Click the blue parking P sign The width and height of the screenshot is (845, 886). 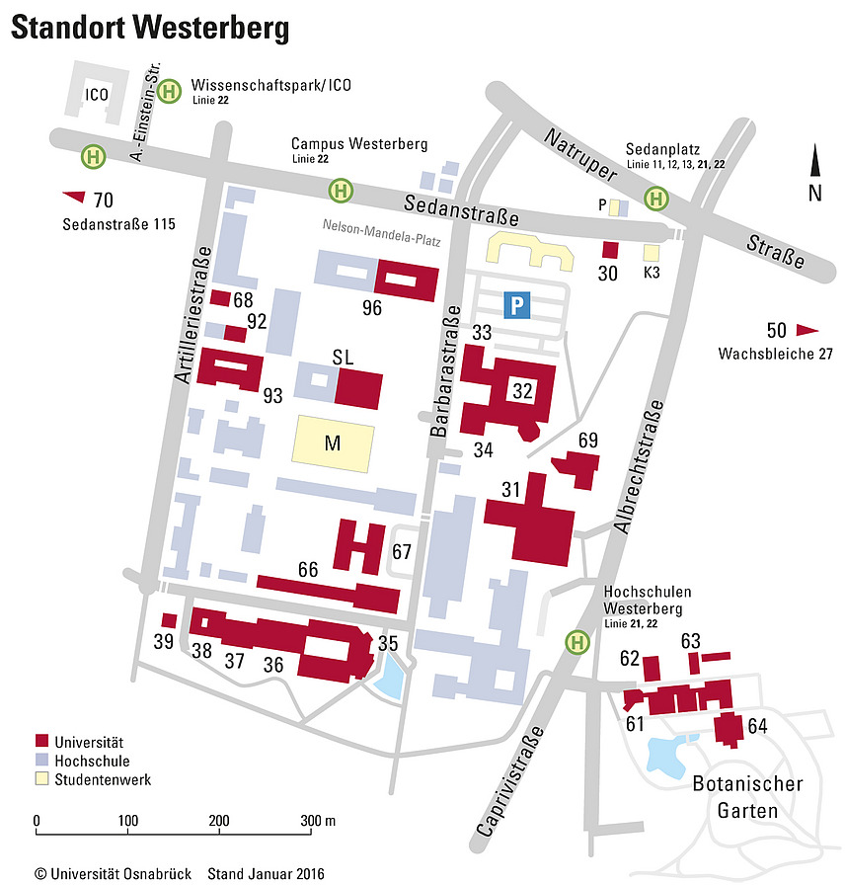[x=516, y=305]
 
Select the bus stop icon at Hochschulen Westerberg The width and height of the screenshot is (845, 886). [x=576, y=642]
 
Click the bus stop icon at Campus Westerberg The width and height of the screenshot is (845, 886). [x=341, y=188]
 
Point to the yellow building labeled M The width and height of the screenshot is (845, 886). [x=333, y=443]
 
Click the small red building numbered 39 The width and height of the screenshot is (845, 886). [x=169, y=620]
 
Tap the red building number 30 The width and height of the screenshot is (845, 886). [x=609, y=251]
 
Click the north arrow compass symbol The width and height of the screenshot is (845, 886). [x=814, y=162]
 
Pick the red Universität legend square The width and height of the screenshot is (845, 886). [x=41, y=741]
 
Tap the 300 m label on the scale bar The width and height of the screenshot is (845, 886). [x=318, y=821]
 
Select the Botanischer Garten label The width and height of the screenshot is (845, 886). [x=747, y=796]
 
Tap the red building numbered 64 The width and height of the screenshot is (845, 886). [x=729, y=729]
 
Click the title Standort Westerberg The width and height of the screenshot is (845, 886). [x=150, y=29]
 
